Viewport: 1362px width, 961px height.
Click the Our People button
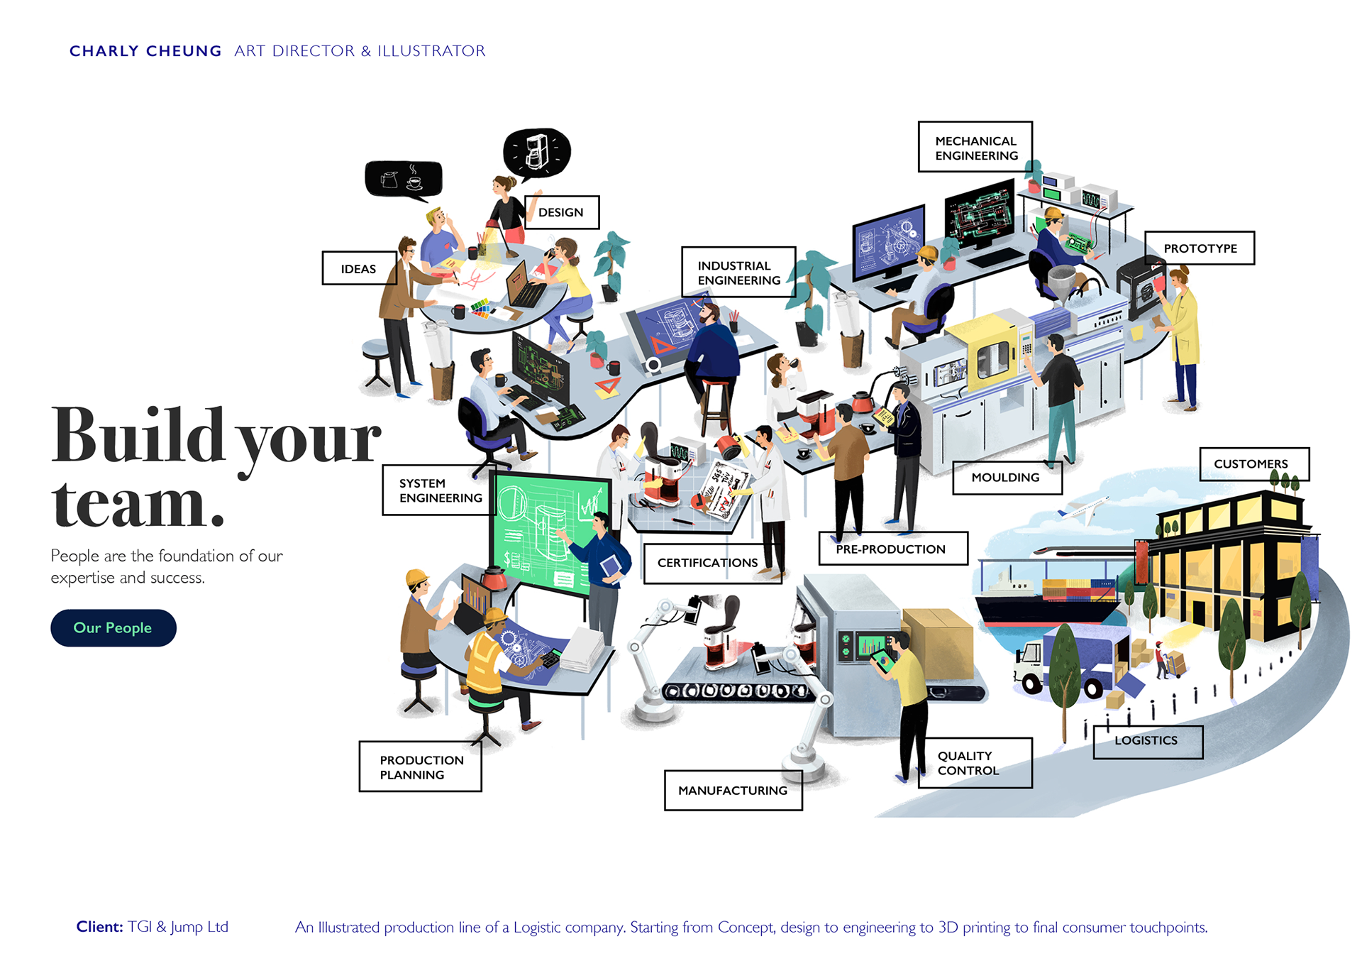point(113,628)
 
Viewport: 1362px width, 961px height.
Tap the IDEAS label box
point(358,268)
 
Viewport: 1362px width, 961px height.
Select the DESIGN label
point(561,212)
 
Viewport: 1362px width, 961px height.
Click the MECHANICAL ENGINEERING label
point(975,148)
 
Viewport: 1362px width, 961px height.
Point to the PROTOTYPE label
point(1200,248)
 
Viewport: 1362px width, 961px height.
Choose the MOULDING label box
point(1006,478)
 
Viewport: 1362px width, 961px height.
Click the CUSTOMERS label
point(1251,464)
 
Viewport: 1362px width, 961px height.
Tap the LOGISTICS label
point(1146,741)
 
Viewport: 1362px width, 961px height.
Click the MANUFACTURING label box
point(733,791)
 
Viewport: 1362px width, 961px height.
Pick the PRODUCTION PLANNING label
point(421,767)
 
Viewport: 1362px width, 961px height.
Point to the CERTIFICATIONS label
point(707,563)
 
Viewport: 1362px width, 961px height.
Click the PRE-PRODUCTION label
point(891,549)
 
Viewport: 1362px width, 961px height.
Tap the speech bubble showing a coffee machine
point(537,151)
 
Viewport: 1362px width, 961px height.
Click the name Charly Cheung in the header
point(145,51)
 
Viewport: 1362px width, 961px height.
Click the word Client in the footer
point(99,927)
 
